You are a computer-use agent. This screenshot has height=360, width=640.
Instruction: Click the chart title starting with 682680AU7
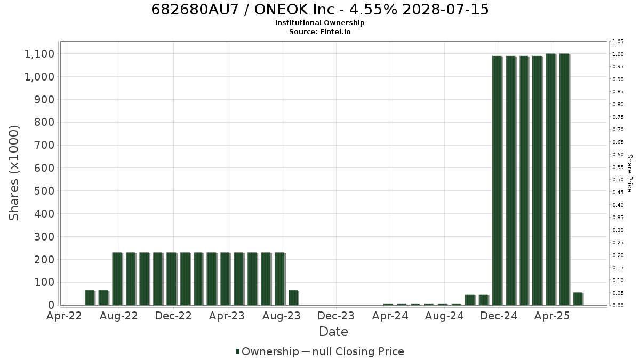point(319,10)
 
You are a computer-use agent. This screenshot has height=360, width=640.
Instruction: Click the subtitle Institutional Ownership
point(319,23)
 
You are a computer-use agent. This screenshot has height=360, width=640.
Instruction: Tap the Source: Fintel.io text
point(319,31)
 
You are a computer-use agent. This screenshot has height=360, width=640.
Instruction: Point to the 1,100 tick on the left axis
point(39,54)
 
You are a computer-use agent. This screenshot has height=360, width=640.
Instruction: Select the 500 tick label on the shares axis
point(44,191)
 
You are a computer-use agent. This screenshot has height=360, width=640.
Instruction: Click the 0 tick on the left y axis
point(51,305)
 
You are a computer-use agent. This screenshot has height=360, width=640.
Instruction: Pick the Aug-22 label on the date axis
point(119,316)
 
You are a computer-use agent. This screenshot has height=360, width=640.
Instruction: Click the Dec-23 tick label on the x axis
point(336,316)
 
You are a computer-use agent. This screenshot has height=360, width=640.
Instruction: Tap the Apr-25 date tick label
point(553,316)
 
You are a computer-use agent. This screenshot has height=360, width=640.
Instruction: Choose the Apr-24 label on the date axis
point(390,316)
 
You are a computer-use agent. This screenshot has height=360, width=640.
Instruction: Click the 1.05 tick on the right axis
point(618,42)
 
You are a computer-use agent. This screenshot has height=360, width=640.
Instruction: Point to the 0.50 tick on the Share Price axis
point(618,180)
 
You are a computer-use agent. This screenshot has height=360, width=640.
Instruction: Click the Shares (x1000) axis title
point(13,173)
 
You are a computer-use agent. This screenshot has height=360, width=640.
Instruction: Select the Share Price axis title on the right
point(630,173)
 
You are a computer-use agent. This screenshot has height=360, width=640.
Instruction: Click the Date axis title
point(333,332)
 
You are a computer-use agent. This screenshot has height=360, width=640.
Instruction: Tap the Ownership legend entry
point(267,351)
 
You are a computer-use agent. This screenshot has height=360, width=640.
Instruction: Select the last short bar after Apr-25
point(578,299)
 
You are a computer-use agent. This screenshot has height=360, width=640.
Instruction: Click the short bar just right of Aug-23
point(293,298)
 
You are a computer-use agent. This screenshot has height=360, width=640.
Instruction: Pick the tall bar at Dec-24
point(497,181)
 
